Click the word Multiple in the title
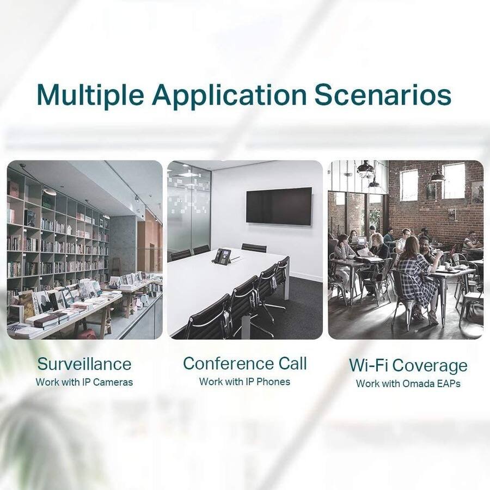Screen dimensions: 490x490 point(90,94)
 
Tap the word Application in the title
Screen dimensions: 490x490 point(229,95)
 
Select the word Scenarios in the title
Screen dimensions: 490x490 point(383,94)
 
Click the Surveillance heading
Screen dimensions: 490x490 point(84,364)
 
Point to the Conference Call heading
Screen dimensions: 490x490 point(245,363)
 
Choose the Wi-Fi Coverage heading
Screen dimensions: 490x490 point(408,365)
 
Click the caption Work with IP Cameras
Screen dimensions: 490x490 point(84,382)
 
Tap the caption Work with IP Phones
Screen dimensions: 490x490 point(244,382)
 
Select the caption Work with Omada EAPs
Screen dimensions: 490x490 point(408,383)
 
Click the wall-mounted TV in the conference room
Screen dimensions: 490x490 point(279,206)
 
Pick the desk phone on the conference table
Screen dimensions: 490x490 point(222,256)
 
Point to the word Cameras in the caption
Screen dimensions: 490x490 point(113,382)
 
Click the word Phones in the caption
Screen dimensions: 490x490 point(273,382)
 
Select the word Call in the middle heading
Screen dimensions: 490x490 point(293,363)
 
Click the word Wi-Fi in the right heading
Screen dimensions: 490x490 point(368,365)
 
